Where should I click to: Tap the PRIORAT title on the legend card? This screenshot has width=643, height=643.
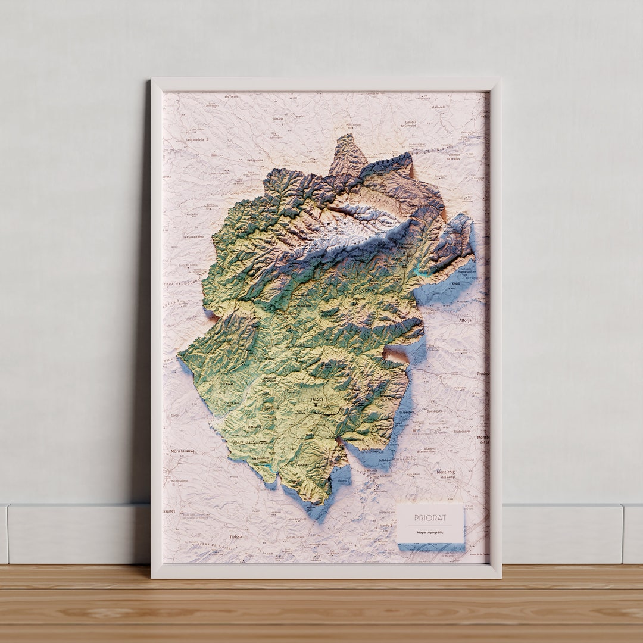click(430, 518)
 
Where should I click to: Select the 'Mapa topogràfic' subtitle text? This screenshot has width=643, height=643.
click(430, 532)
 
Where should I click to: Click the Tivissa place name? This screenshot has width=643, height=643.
click(236, 536)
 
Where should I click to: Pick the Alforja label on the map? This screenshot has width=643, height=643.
click(466, 320)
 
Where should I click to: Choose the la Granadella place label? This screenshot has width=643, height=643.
click(195, 139)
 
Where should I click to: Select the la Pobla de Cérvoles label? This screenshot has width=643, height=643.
click(408, 124)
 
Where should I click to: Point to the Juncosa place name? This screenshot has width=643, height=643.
click(277, 118)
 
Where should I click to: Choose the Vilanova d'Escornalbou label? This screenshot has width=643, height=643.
click(426, 450)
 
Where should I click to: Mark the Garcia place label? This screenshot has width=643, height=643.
click(175, 414)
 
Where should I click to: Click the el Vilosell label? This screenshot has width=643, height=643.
click(439, 107)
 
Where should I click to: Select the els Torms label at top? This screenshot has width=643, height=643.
click(230, 96)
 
